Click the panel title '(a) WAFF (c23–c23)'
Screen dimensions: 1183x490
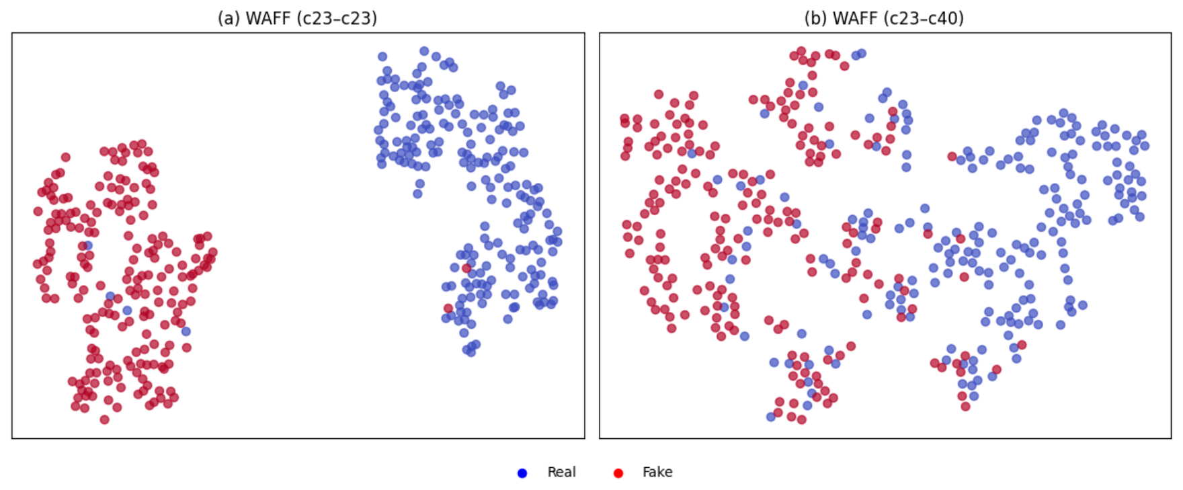coord(297,18)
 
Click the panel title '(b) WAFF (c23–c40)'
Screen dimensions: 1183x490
coord(884,18)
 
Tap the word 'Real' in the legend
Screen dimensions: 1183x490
coord(561,472)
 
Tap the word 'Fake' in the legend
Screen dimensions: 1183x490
coord(657,472)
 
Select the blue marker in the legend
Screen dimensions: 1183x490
coord(522,473)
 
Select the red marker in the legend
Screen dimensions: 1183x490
coord(618,473)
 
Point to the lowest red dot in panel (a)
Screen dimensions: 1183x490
coord(104,419)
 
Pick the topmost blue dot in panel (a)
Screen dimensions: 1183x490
coord(424,51)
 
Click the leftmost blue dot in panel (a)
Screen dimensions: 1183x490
coord(88,245)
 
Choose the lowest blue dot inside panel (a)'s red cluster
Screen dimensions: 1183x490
coord(186,331)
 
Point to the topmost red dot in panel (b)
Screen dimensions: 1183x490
coord(801,51)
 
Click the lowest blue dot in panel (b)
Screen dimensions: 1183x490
coord(771,417)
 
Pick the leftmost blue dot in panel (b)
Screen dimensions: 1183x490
coord(692,153)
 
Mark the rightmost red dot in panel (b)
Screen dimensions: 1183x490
coord(1022,345)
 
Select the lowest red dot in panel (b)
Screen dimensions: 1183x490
coord(801,419)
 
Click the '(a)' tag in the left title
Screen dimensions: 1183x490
coord(229,18)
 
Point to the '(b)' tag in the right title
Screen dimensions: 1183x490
coord(816,18)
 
